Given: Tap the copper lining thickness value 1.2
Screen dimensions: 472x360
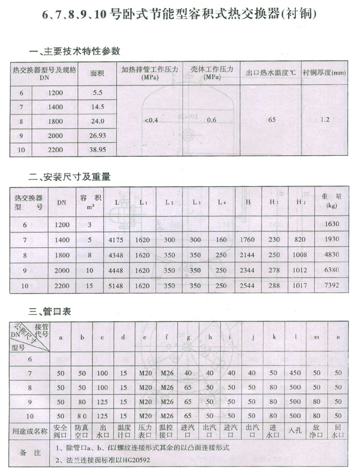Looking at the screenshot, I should (x=325, y=120).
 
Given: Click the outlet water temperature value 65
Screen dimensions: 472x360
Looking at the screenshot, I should (x=272, y=120).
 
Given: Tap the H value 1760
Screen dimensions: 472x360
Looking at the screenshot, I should (x=248, y=240).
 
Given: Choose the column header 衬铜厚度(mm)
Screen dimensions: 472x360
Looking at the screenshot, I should (x=324, y=72).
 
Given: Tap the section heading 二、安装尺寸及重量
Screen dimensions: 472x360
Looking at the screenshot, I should (x=70, y=177).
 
